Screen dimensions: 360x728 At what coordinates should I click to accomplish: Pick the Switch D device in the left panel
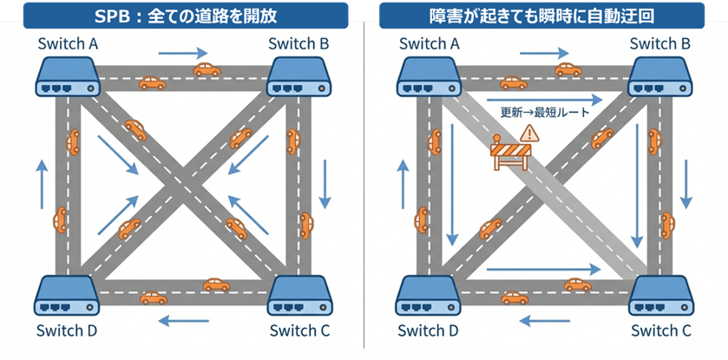(x=67, y=296)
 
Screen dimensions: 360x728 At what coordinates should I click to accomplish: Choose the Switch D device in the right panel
(x=427, y=296)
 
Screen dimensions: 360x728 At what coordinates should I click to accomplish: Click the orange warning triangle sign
(x=528, y=133)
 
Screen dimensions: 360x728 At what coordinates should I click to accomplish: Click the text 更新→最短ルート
(x=545, y=113)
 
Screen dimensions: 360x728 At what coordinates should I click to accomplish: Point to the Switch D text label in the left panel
(x=67, y=331)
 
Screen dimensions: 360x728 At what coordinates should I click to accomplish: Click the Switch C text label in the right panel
(x=660, y=331)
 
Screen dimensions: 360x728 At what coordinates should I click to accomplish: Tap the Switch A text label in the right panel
(x=428, y=43)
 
